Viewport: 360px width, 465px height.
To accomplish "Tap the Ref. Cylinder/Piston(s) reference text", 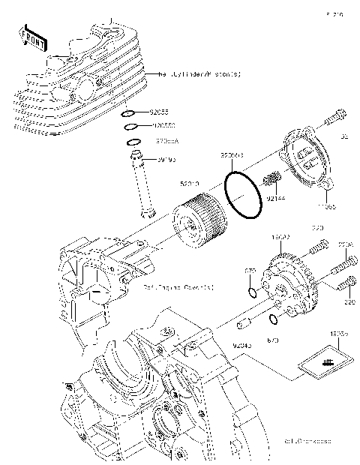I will click(x=199, y=74).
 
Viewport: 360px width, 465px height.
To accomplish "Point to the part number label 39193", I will click(x=166, y=159).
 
